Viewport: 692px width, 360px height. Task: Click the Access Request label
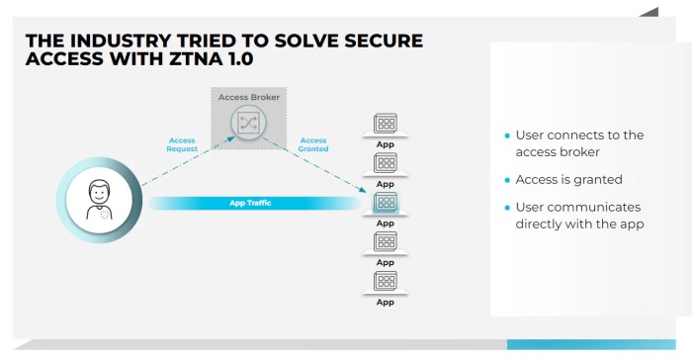coord(182,144)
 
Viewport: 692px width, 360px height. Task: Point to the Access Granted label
coord(313,144)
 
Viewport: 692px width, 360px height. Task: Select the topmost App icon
coord(386,124)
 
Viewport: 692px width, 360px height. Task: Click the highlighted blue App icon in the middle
coord(386,203)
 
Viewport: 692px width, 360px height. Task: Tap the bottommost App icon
coord(386,281)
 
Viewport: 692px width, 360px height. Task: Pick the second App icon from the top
coord(386,163)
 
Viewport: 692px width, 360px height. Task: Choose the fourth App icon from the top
coord(386,242)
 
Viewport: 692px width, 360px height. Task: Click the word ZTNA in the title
coord(198,60)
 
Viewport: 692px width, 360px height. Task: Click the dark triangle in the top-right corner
coord(649,11)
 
